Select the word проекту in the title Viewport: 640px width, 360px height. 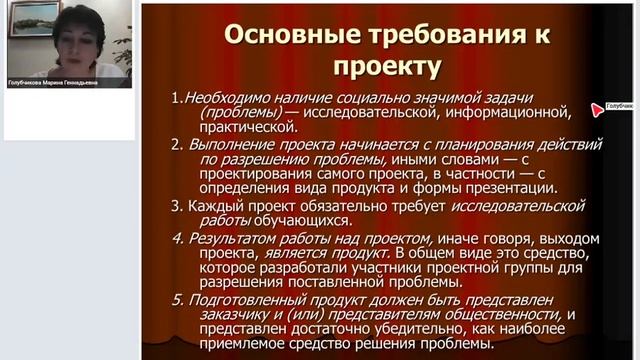(x=384, y=67)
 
